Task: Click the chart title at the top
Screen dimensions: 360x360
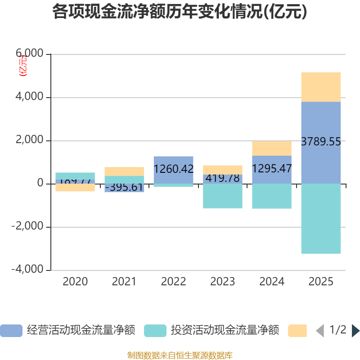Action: [x=180, y=12]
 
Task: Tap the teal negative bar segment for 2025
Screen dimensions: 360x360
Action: [x=321, y=219]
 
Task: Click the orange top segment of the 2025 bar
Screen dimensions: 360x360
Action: [x=321, y=87]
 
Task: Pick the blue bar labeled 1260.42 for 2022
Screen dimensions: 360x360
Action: [x=173, y=169]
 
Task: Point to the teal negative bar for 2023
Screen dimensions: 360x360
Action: [x=223, y=196]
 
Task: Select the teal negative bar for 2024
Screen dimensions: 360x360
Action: [x=272, y=196]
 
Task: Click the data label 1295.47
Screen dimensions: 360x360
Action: [x=272, y=169]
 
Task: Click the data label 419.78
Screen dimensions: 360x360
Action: [x=223, y=178]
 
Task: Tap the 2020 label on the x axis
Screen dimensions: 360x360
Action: [x=75, y=282]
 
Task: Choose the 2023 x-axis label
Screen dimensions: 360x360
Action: [x=223, y=282]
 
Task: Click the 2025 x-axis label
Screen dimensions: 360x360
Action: [x=321, y=282]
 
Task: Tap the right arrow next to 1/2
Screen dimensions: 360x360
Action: [x=355, y=331]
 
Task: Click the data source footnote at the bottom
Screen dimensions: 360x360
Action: [x=180, y=355]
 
